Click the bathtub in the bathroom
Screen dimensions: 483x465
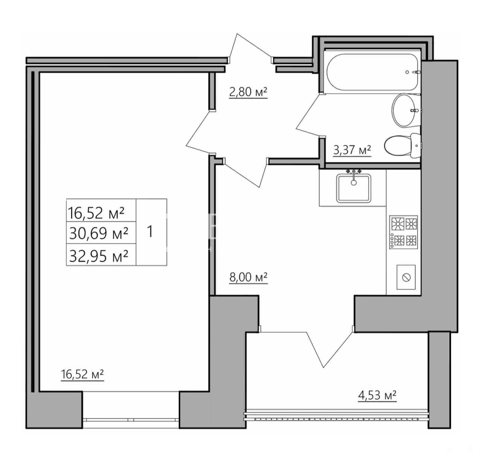[x=374, y=72]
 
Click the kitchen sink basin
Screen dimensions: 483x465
[x=354, y=188]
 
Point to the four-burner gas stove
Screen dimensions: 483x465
[x=403, y=232]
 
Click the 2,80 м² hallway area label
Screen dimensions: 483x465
[x=248, y=92]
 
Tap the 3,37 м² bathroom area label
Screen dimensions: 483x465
[x=352, y=150]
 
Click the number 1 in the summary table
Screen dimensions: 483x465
[x=150, y=232]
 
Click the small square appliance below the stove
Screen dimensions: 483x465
[x=406, y=277]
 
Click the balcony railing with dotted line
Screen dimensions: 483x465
[x=336, y=417]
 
